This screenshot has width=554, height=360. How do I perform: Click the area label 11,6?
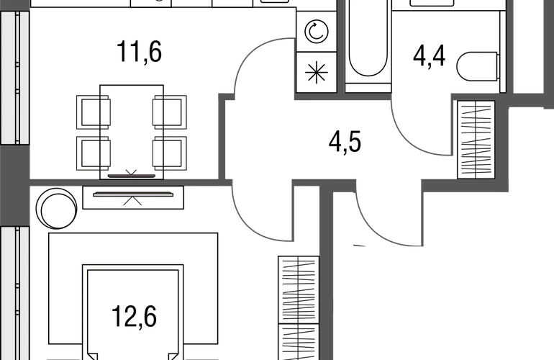coord(139,52)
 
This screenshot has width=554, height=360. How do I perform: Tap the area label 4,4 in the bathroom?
coord(429,56)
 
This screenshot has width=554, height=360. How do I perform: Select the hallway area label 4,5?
coord(345,142)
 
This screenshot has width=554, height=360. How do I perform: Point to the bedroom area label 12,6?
coord(135,317)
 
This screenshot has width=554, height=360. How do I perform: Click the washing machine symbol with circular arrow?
coord(317,32)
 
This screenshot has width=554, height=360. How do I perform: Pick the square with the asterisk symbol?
coord(317,72)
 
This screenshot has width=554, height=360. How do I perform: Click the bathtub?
coord(368,42)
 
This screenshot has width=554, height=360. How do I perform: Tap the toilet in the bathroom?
coord(478,66)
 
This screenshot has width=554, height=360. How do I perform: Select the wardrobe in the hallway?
coord(476,140)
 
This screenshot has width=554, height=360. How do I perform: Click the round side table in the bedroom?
coord(57,208)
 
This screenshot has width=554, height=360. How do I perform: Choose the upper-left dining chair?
coord(93,112)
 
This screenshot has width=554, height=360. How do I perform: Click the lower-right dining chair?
coord(170,153)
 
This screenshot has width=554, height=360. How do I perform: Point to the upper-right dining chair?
coord(170,112)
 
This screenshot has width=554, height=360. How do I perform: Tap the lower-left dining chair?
coord(93,153)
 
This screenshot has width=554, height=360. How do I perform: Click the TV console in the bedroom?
coord(133,198)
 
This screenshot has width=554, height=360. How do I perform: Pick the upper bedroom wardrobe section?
coord(299,289)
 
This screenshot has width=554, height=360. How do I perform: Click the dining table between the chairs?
coord(132,132)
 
